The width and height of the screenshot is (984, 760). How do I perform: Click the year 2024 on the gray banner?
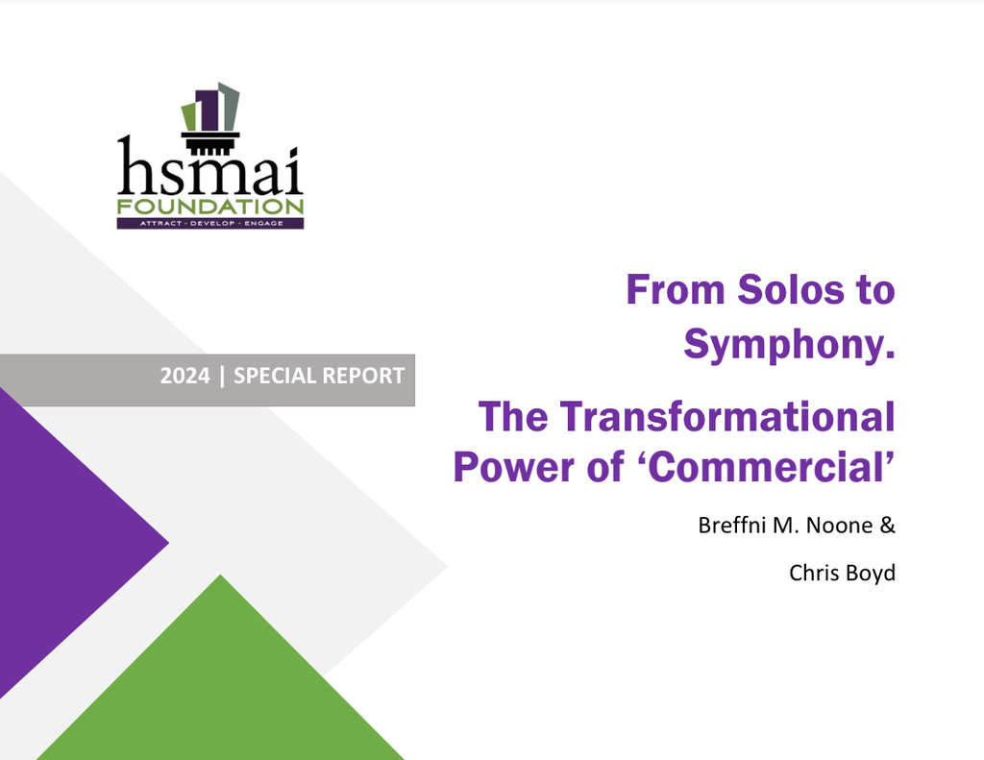pos(184,376)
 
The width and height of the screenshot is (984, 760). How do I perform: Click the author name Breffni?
pos(733,527)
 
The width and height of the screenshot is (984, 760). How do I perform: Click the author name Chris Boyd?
pos(842,573)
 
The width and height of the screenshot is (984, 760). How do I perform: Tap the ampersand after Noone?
pos(889,527)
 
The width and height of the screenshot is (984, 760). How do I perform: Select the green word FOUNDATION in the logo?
pos(209,207)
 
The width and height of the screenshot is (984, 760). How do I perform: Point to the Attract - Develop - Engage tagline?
pos(209,223)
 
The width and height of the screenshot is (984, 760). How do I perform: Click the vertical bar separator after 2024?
pos(222,376)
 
